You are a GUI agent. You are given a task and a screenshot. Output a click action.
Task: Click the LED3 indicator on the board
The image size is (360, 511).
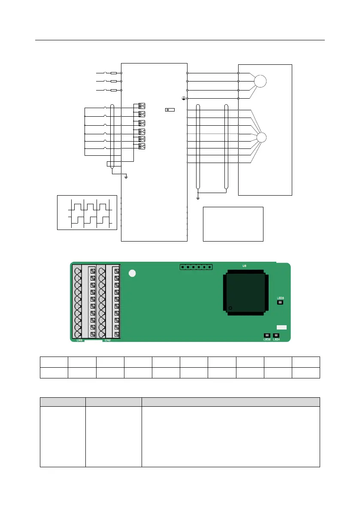pyautogui.click(x=280, y=302)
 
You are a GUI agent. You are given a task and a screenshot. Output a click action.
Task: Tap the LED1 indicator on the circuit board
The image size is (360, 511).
pyautogui.click(x=276, y=335)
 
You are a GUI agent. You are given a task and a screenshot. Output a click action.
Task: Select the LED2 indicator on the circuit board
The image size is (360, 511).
pyautogui.click(x=266, y=335)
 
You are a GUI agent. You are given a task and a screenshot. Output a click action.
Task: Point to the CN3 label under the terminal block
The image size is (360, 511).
pyautogui.click(x=79, y=340)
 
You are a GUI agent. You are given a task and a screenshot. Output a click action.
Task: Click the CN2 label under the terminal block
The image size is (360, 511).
pyautogui.click(x=108, y=340)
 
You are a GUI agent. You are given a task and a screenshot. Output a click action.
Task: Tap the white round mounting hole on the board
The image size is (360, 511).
pyautogui.click(x=133, y=273)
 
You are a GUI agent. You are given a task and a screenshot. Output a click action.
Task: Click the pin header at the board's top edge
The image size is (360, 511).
pyautogui.click(x=196, y=267)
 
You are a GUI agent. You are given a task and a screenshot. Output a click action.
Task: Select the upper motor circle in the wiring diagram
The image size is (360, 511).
pyautogui.click(x=260, y=81)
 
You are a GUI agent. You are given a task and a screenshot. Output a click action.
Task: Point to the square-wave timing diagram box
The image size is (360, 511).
pyautogui.click(x=87, y=212)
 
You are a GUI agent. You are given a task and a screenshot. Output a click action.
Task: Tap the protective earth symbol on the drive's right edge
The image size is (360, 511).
pyautogui.click(x=184, y=99)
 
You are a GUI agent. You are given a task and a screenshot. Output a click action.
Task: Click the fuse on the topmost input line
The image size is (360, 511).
pyautogui.click(x=114, y=73)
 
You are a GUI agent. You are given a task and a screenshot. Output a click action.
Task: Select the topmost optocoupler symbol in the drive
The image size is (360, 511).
pyautogui.click(x=142, y=106)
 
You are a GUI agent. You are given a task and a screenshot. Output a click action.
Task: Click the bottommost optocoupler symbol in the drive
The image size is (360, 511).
pyautogui.click(x=142, y=146)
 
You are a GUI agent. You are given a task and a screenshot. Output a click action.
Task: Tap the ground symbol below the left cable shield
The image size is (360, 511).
pyautogui.click(x=126, y=176)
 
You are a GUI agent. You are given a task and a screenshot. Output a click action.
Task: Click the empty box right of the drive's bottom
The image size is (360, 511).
pyautogui.click(x=233, y=224)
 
